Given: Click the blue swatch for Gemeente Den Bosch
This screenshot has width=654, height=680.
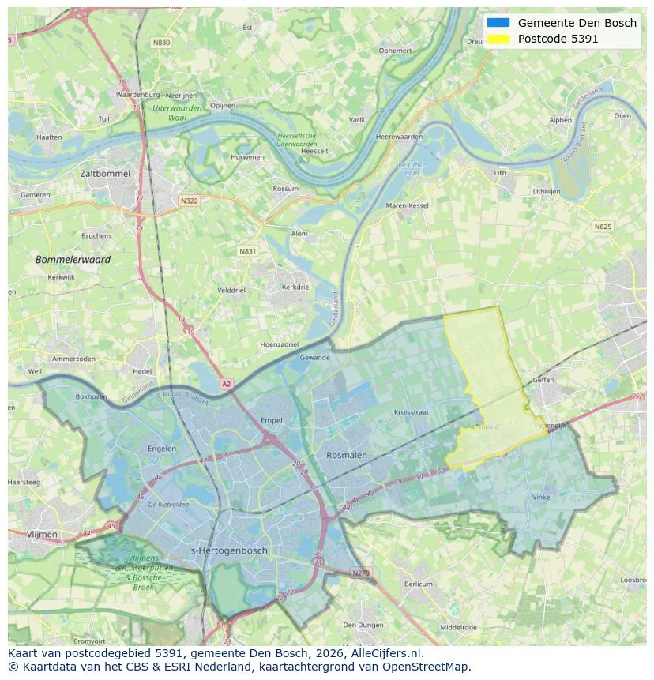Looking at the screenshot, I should [x=498, y=23].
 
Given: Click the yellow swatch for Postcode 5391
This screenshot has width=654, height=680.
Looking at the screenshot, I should [x=498, y=39].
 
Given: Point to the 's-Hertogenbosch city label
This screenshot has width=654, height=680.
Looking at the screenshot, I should [x=228, y=550].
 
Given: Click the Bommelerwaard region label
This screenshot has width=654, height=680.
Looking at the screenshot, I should [x=73, y=259].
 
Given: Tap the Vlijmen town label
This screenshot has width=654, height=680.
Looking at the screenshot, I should [x=42, y=534].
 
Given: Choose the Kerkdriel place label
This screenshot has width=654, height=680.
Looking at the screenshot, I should [x=296, y=287].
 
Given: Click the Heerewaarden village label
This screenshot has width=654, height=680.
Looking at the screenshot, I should [x=400, y=137].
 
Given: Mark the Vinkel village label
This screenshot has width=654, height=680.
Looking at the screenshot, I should [x=542, y=497].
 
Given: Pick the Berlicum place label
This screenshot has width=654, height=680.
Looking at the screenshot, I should [x=419, y=584].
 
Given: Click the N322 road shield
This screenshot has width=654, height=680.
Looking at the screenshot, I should [x=189, y=201].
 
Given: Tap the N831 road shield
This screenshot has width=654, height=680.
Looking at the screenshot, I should [x=248, y=251].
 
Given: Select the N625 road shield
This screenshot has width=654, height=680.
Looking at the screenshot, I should [x=602, y=227].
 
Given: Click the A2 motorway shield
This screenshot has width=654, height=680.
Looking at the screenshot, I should [x=227, y=384].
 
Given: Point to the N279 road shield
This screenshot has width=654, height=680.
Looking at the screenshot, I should [x=360, y=573].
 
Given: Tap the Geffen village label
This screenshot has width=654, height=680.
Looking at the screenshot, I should [x=543, y=380].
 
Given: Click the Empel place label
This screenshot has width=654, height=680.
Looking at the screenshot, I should [x=271, y=421].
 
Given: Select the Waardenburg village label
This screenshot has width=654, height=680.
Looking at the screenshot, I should [x=138, y=95].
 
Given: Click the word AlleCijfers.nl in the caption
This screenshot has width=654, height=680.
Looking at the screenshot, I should [x=388, y=653].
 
